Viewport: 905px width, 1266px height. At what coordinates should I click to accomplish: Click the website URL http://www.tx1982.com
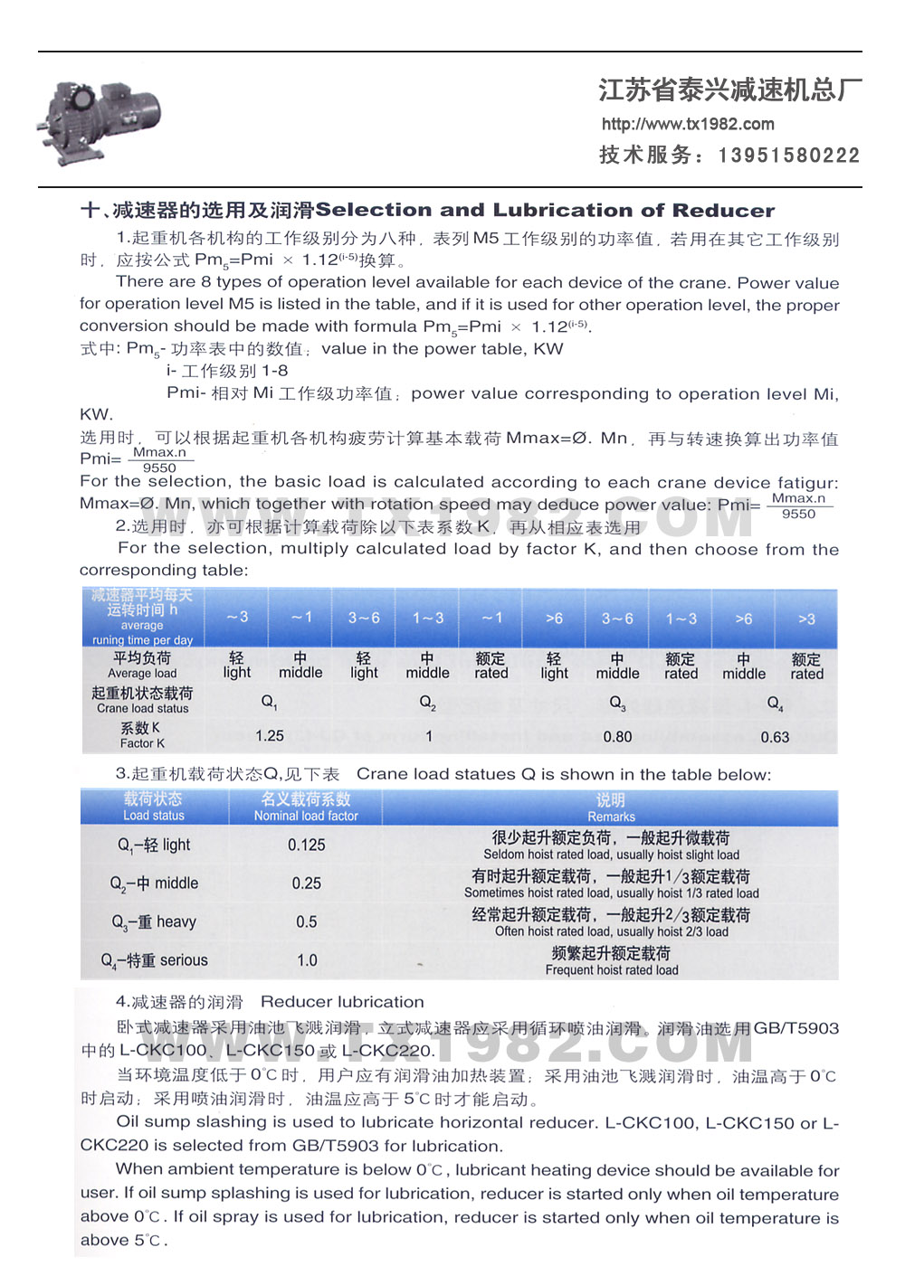tap(688, 124)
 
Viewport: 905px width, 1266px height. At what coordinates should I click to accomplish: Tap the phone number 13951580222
tap(789, 156)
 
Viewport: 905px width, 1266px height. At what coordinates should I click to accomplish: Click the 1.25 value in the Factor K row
tap(270, 736)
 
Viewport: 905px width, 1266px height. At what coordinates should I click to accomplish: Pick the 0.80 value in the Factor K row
tap(617, 737)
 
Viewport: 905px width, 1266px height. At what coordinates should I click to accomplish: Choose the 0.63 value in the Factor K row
tap(775, 737)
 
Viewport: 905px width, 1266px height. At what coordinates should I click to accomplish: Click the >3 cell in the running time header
tap(806, 619)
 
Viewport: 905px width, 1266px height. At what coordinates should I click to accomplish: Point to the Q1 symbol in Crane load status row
tap(270, 702)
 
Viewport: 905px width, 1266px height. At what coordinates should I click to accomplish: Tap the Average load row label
tap(142, 665)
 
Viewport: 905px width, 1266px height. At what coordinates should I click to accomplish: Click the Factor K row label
tap(142, 735)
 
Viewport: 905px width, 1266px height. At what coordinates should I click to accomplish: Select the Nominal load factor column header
tap(306, 807)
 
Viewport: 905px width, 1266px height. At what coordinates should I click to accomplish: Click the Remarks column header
tap(611, 808)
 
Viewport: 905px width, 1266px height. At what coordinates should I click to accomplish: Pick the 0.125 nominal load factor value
tap(307, 845)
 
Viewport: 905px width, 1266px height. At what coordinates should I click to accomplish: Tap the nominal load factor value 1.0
tap(308, 960)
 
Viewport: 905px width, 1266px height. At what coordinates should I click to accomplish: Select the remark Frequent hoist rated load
tap(611, 970)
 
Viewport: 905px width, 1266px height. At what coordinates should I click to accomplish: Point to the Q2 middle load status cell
tap(154, 883)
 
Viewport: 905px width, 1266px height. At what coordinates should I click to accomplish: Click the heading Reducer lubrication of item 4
tap(342, 1002)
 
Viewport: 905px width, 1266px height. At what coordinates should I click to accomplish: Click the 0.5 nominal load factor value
tap(307, 922)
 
